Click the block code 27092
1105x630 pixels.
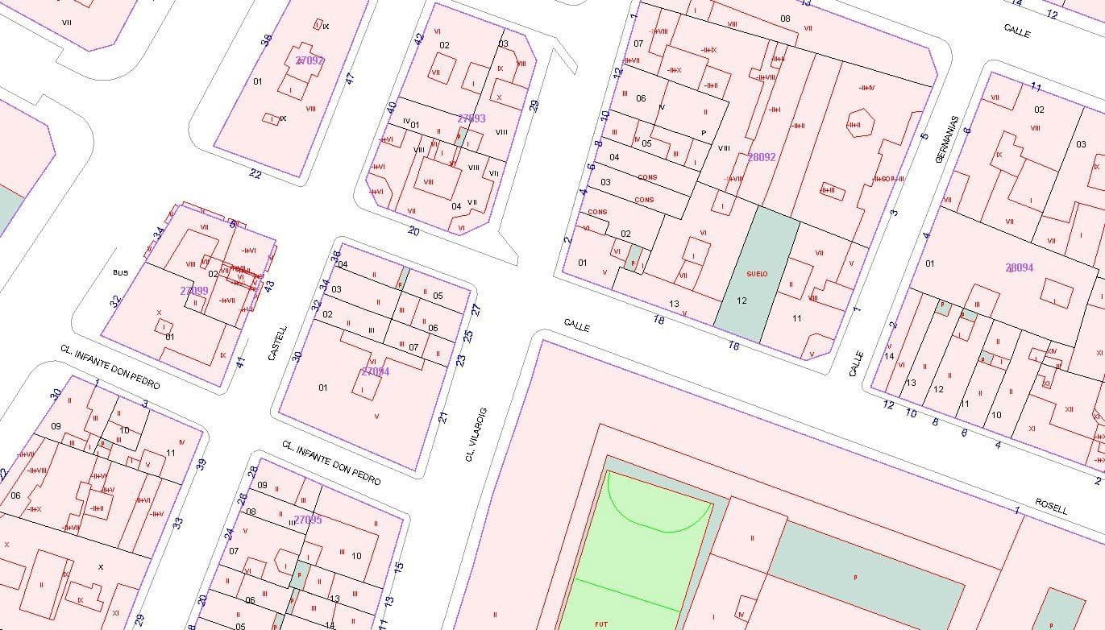(x=309, y=60)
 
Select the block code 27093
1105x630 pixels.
(x=471, y=118)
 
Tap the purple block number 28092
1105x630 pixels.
(x=762, y=157)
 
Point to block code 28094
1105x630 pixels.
(x=1019, y=267)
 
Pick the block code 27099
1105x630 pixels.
(x=194, y=291)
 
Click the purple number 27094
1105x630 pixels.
(x=375, y=371)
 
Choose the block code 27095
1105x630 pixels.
(x=308, y=520)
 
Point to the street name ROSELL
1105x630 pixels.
(x=1052, y=506)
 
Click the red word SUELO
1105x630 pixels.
(x=757, y=274)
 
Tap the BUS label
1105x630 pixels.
(x=120, y=273)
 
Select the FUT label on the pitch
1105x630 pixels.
(x=601, y=624)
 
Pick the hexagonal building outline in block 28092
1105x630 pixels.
(x=855, y=125)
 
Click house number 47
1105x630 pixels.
(x=350, y=79)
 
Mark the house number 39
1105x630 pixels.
(x=201, y=464)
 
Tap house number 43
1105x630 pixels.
(x=270, y=284)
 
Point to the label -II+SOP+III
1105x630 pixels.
(x=888, y=179)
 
